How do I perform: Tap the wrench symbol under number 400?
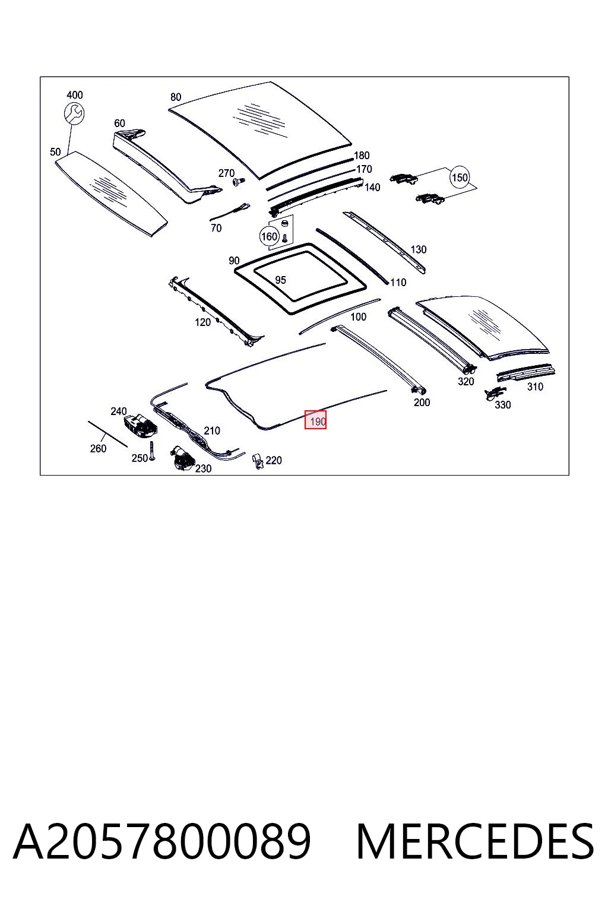coord(74,113)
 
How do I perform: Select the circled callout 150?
coord(460,178)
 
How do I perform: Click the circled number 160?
coord(269,236)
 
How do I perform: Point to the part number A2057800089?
coord(162,841)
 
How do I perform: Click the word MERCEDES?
coord(475,841)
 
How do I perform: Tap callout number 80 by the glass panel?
coord(176,97)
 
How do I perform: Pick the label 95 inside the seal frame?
coord(281,280)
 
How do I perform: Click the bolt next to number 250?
coord(151,451)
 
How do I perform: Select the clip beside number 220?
coord(258,461)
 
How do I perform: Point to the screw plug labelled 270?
coord(238,181)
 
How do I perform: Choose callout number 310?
coord(535,387)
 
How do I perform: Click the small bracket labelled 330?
coord(494,393)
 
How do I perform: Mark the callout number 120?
coord(202,322)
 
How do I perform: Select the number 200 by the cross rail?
coord(422,402)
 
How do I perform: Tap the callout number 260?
coord(98,448)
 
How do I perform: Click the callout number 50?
coord(55,152)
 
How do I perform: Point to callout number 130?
coord(418,249)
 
